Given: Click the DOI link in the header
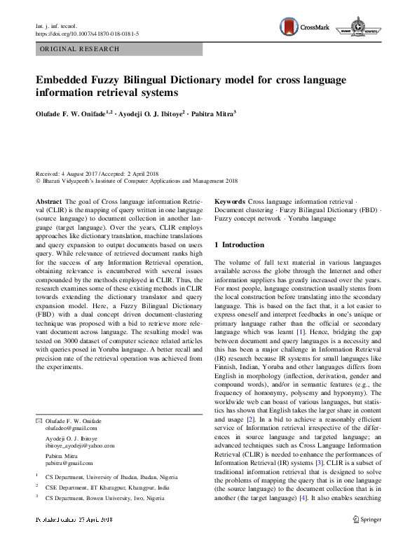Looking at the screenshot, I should [x=87, y=33].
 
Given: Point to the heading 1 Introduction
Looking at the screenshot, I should [x=239, y=244].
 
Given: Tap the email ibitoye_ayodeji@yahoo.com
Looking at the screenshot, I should [x=80, y=444].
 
